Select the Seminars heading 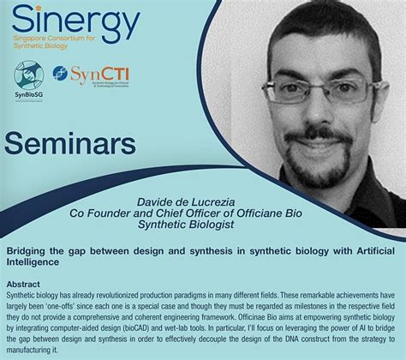pos(71,141)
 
